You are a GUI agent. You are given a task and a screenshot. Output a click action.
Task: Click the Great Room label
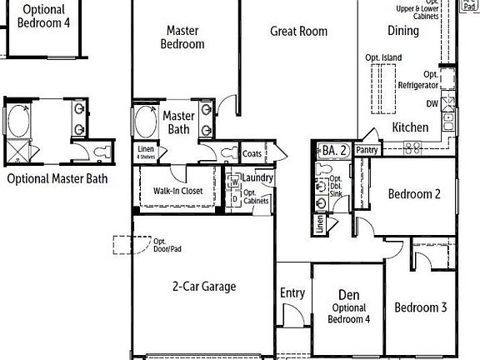[298, 32]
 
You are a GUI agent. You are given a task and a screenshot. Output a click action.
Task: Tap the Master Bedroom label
[182, 37]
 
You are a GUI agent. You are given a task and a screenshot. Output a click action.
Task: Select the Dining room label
[403, 31]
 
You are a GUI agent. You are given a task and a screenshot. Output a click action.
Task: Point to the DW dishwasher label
[432, 104]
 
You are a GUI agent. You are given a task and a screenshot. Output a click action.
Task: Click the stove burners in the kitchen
[412, 147]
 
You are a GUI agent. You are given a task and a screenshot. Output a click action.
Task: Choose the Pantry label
[367, 150]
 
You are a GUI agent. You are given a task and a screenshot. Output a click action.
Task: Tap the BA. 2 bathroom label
[334, 151]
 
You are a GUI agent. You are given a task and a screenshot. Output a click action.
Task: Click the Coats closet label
[252, 153]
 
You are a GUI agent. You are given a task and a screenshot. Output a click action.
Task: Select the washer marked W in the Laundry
[234, 181]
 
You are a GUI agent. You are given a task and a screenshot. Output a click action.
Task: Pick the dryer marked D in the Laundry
[234, 198]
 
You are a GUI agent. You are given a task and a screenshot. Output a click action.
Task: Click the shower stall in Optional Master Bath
[17, 151]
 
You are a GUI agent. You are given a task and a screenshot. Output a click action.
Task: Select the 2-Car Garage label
[204, 287]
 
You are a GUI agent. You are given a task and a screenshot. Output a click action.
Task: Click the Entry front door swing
[292, 316]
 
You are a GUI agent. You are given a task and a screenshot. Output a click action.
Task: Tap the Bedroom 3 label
[421, 307]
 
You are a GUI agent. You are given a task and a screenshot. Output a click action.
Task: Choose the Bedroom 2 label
[414, 194]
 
